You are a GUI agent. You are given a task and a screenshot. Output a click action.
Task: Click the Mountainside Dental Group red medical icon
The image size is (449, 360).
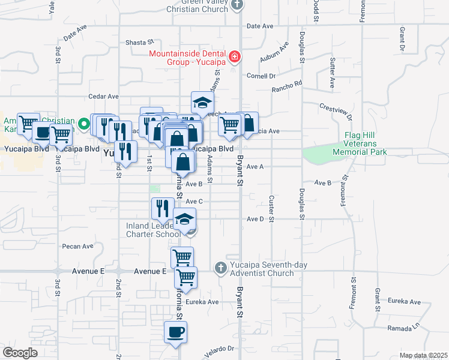235,58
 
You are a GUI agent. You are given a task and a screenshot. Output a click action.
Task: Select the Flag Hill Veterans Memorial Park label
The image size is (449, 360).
360,144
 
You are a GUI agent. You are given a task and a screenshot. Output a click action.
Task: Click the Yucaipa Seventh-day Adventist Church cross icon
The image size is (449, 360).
220,267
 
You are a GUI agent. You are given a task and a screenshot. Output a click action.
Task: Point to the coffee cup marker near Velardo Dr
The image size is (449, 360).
175,332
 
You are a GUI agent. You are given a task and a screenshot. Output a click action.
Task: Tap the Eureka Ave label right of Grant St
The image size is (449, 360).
404,301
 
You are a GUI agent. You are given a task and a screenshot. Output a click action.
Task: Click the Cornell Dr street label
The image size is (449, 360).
261,76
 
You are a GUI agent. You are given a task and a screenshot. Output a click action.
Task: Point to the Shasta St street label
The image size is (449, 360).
139,43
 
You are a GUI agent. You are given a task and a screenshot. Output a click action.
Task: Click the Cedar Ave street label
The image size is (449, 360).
103,96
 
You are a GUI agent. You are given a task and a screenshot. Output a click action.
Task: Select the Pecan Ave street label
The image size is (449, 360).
79,246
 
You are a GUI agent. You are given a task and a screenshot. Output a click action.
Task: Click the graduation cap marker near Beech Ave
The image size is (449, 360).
202,102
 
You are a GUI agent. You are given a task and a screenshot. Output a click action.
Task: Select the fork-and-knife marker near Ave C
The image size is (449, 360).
162,208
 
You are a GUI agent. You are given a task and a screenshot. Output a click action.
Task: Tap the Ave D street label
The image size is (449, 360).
255,219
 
